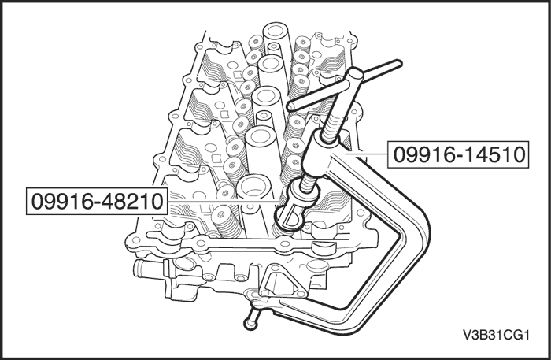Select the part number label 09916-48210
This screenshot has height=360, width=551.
97,202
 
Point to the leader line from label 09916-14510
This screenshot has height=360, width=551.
370,155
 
